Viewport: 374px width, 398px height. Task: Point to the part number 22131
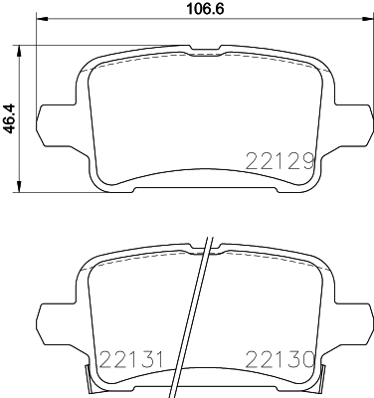126,357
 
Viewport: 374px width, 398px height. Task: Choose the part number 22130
280,357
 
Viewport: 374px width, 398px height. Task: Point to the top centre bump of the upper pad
199,46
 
